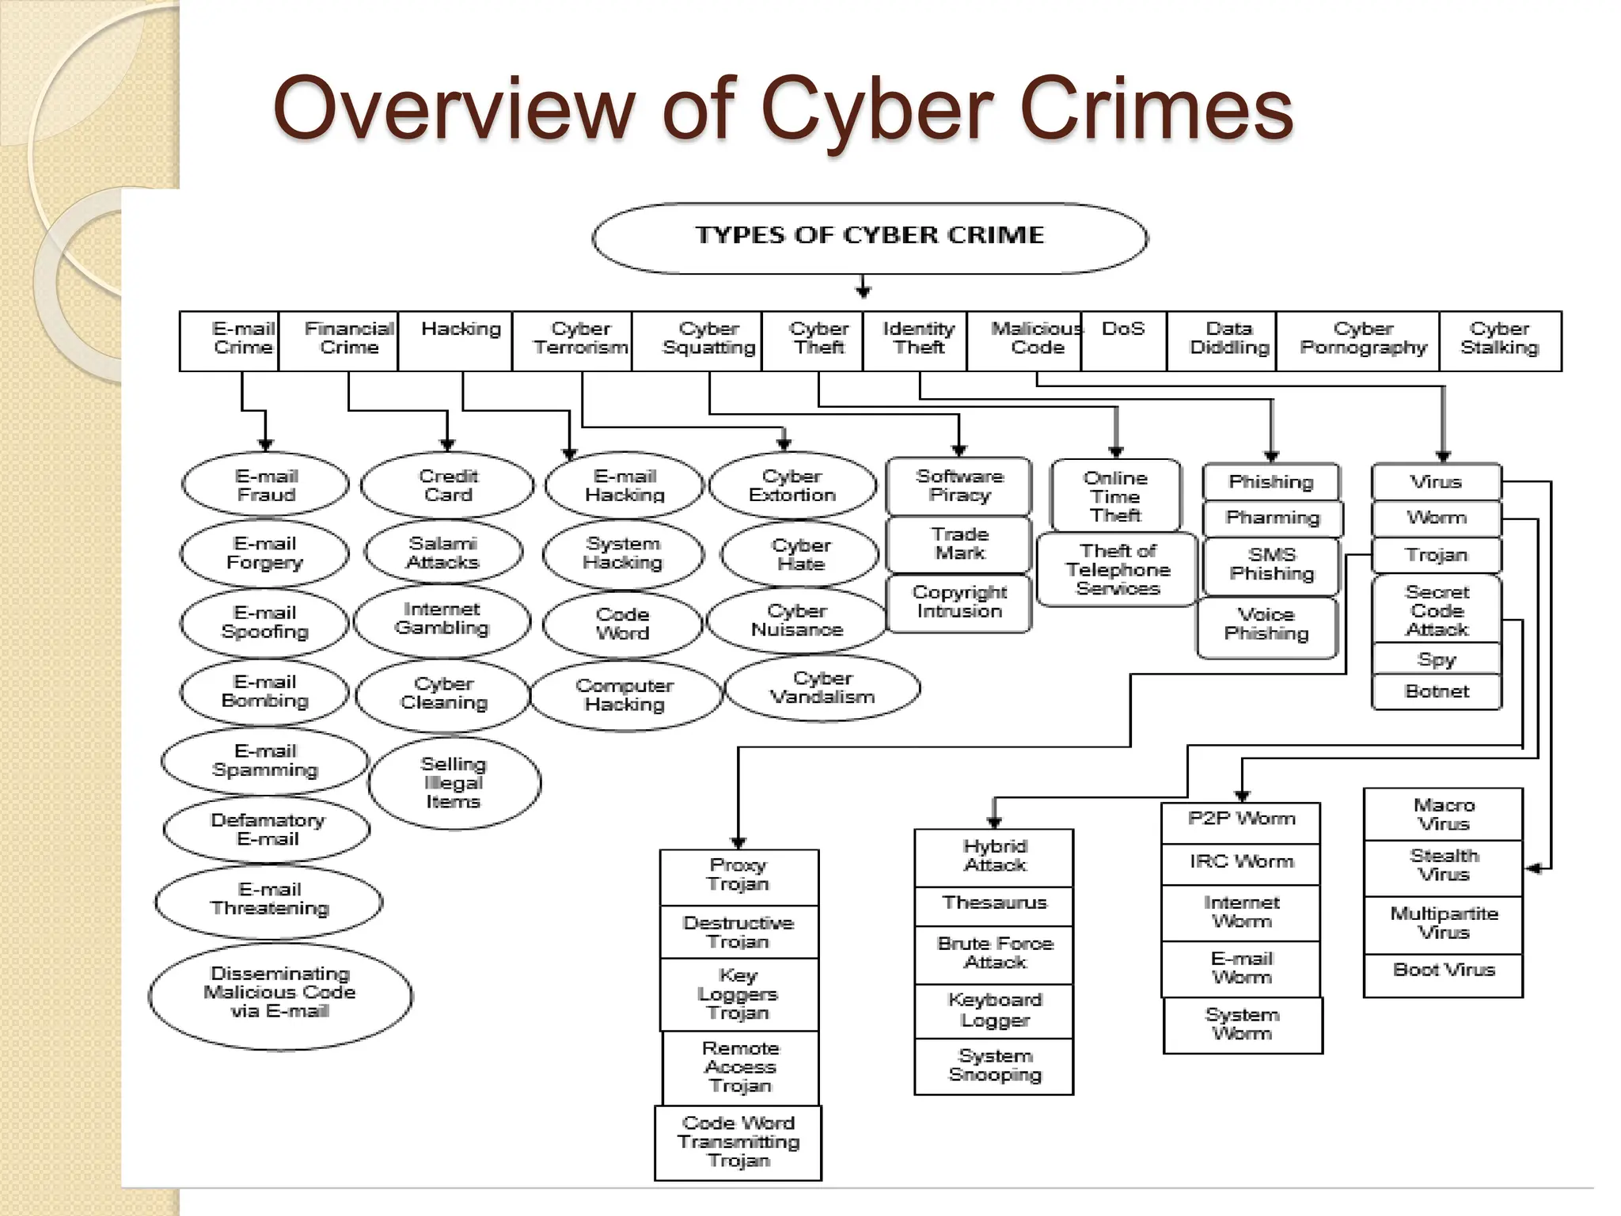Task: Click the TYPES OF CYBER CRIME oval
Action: click(869, 237)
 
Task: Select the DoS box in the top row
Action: click(1123, 340)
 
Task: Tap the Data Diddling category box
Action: click(1228, 340)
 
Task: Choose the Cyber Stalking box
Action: click(1499, 340)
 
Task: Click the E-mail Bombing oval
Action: click(264, 692)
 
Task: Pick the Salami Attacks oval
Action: click(443, 553)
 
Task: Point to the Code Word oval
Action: click(623, 624)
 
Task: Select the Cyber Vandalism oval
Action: click(822, 688)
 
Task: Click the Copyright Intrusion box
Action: click(959, 602)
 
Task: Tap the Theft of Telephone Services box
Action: click(1117, 570)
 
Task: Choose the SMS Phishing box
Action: click(1271, 564)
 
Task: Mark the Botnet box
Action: click(1437, 692)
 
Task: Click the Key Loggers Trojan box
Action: click(738, 994)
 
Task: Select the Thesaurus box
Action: click(994, 904)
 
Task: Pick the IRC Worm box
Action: click(1241, 862)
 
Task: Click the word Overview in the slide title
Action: click(454, 108)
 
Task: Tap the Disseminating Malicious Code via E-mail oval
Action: click(280, 994)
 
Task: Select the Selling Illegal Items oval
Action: click(454, 783)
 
